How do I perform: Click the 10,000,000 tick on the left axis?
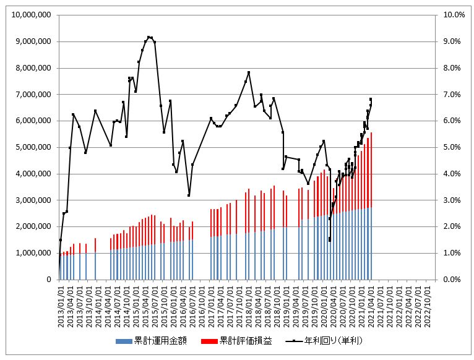pos(30,15)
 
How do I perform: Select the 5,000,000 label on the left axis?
pos(32,147)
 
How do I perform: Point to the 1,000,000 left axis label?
pos(32,253)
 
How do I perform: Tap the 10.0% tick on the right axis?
pos(450,15)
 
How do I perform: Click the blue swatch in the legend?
pos(124,341)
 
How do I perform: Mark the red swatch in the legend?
pos(210,341)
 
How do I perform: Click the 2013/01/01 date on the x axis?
pos(61,303)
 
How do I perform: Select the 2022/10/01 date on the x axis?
pos(428,303)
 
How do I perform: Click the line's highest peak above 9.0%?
pos(149,37)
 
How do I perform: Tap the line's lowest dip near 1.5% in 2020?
pos(330,240)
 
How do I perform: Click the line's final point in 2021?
pos(371,99)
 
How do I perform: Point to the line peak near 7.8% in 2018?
pos(249,72)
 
